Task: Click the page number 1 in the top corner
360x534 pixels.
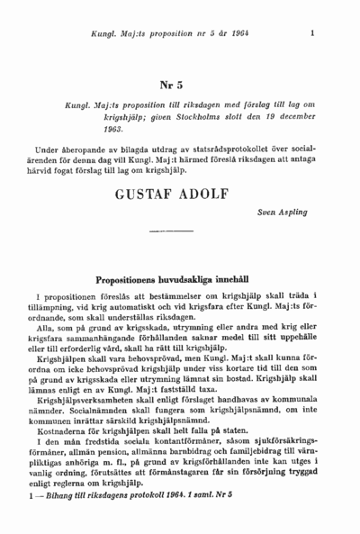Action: pyautogui.click(x=311, y=33)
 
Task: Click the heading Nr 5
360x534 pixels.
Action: pyautogui.click(x=172, y=86)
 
